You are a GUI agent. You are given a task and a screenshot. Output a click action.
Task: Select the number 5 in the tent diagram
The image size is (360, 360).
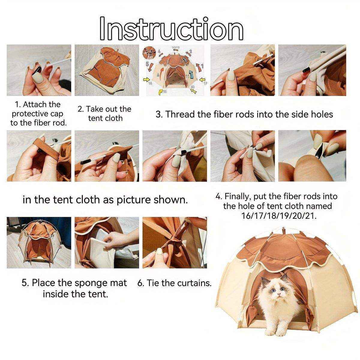pos(147,64)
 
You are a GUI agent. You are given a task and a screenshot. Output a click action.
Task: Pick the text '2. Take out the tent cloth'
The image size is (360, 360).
pos(105,113)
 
